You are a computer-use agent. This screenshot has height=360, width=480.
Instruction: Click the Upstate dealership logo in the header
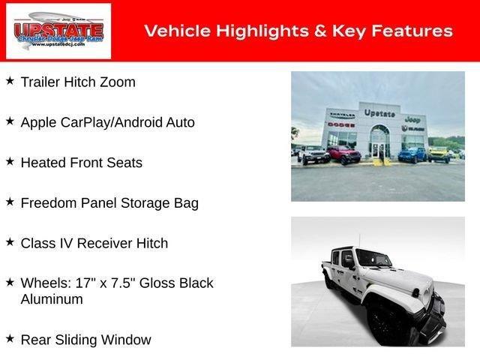[x=58, y=31]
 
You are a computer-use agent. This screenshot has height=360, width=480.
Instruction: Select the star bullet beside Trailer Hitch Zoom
[x=10, y=79]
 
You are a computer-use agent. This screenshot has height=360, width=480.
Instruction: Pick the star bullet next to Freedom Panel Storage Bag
[x=10, y=201]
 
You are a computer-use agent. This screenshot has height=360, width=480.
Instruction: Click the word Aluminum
[x=52, y=299]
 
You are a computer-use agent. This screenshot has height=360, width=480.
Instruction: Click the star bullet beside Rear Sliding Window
[x=10, y=337]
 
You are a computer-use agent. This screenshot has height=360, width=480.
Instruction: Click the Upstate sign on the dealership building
[x=379, y=113]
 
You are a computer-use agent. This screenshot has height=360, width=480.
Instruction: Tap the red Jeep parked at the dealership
[x=343, y=154]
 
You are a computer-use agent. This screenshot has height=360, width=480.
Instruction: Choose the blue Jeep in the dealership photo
[x=412, y=154]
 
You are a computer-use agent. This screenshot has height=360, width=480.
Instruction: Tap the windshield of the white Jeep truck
[x=373, y=259]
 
